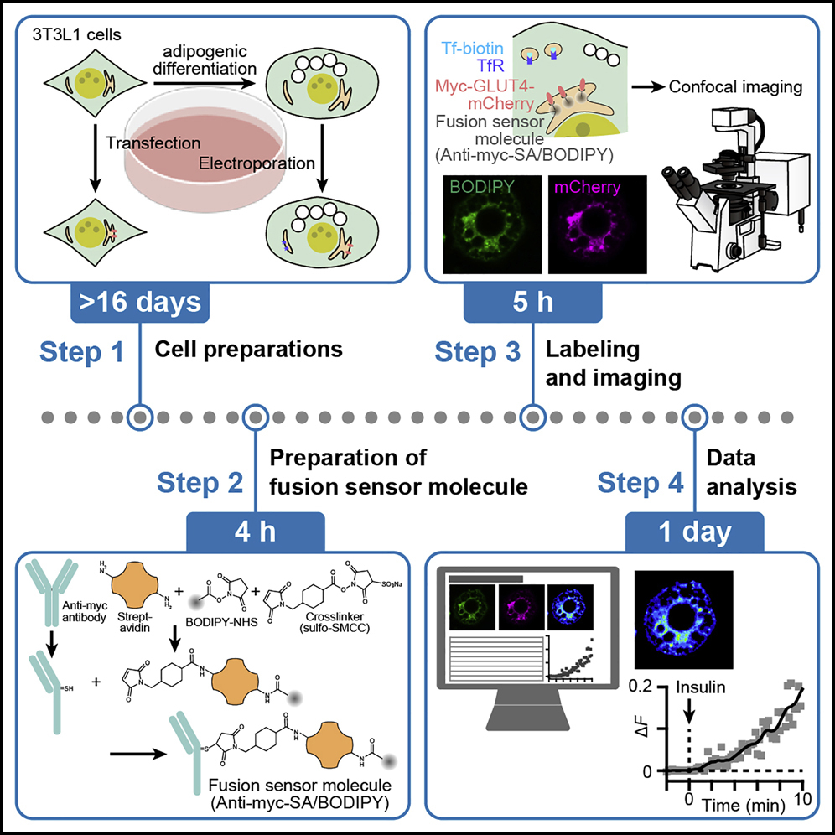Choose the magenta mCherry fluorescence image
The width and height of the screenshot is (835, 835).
[597, 224]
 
